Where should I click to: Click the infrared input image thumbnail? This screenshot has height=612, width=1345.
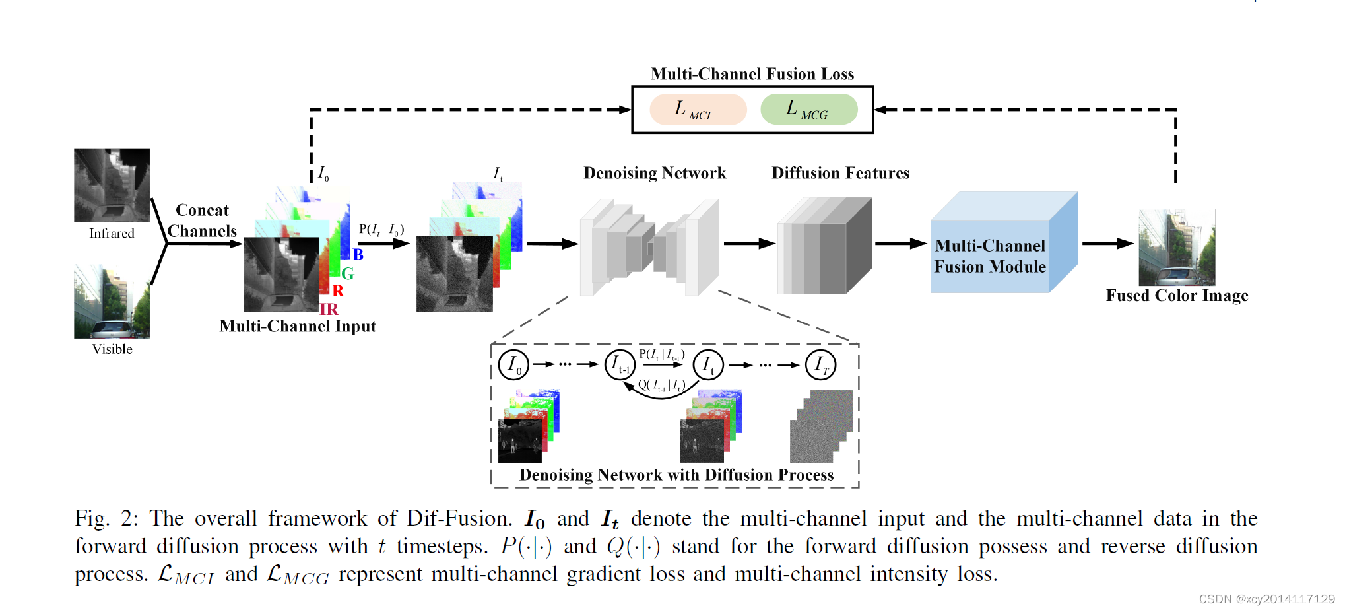(112, 185)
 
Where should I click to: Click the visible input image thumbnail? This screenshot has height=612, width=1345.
(112, 302)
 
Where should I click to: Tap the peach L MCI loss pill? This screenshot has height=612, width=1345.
(698, 110)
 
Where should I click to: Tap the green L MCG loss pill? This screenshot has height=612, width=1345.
(808, 110)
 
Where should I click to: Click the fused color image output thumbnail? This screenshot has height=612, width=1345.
(1177, 248)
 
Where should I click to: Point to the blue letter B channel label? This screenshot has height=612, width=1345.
(358, 255)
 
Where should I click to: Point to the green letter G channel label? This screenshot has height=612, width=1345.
(348, 273)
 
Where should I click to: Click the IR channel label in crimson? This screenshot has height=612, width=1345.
(329, 309)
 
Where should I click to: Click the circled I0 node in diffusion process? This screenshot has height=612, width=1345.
(513, 364)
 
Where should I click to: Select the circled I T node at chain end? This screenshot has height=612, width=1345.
(820, 364)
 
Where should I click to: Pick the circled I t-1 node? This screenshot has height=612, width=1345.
(620, 364)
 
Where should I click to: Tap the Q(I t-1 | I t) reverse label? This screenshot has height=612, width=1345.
(661, 385)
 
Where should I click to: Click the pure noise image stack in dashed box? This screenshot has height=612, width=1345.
(821, 426)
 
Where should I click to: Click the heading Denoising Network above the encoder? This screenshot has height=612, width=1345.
(654, 173)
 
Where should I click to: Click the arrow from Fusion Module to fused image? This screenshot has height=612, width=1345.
(1107, 244)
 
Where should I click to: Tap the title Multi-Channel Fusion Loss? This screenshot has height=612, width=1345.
(752, 74)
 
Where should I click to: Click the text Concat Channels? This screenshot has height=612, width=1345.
(202, 221)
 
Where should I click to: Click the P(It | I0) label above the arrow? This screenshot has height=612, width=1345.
(381, 230)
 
